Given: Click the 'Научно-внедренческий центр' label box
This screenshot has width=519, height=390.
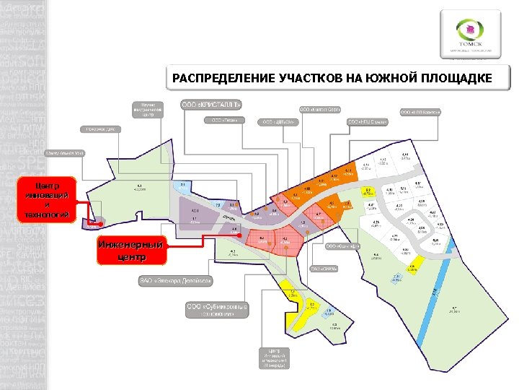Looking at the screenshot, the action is [147, 108].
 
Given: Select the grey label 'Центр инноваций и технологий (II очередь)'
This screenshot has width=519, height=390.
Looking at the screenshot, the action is [276, 357].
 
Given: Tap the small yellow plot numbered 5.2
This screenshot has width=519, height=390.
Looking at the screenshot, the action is [312, 308].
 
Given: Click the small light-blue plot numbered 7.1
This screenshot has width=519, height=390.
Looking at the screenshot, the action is [183, 187].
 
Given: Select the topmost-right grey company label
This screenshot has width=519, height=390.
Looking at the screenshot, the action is [420, 112].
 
